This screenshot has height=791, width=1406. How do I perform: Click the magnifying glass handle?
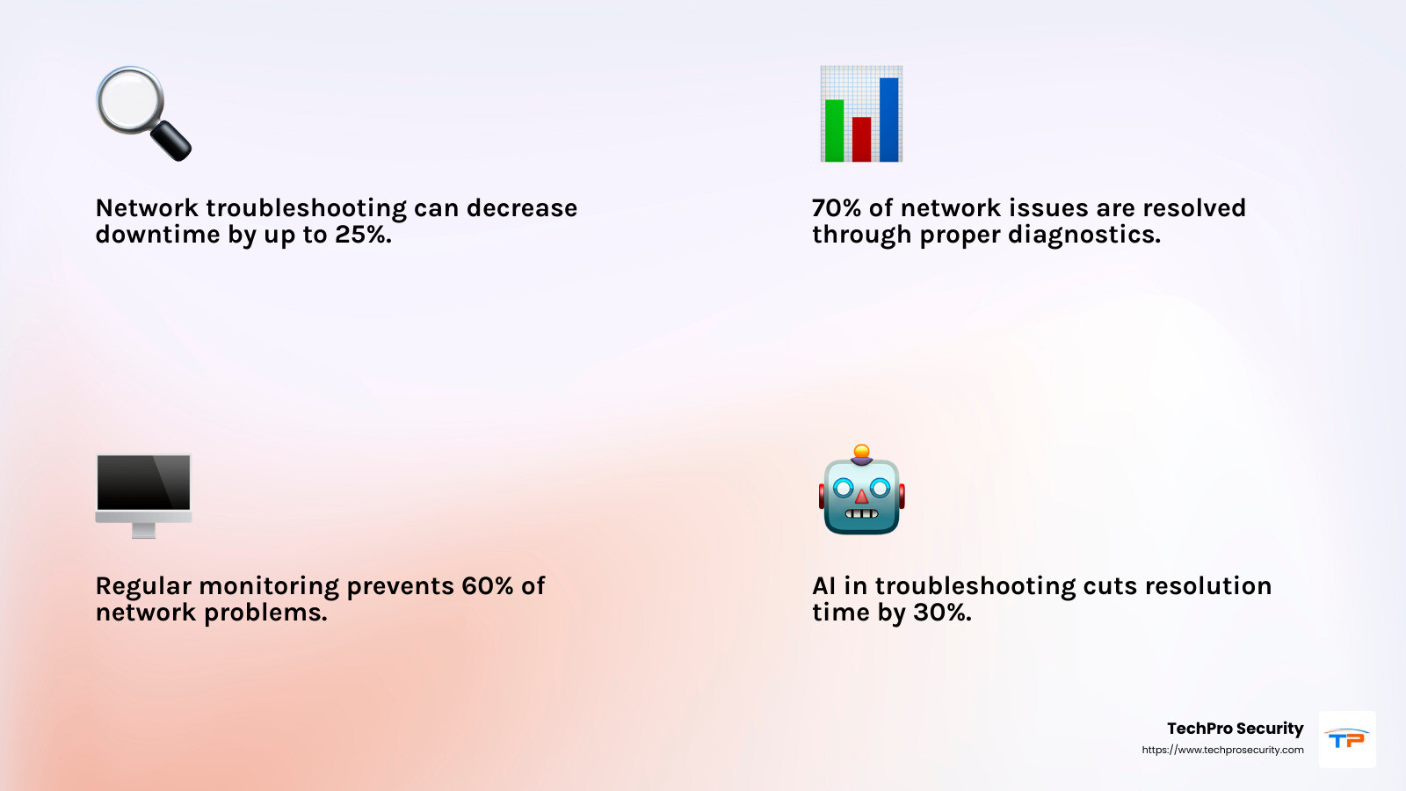(170, 141)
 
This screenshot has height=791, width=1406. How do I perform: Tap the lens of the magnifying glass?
(130, 100)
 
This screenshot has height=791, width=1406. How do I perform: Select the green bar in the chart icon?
(834, 131)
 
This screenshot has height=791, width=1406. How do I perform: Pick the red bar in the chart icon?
(861, 140)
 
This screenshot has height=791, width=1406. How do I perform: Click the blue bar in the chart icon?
(888, 120)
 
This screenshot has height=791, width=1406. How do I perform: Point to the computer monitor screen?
(143, 483)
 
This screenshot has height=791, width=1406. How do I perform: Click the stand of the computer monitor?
(144, 531)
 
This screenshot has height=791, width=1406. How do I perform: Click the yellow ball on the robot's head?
(862, 452)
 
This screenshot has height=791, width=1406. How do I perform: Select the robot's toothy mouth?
(862, 513)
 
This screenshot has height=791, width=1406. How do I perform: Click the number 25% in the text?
(364, 234)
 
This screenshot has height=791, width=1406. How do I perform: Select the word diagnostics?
(1084, 235)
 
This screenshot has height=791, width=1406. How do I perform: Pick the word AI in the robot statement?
(824, 585)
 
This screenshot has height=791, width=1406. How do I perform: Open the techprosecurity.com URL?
(1222, 750)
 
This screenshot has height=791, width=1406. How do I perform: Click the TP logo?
(1347, 739)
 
